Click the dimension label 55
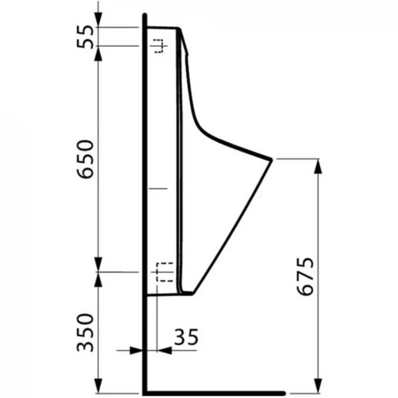85,36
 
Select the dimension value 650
85,159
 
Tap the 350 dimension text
85,333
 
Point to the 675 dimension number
306,277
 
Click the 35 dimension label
186,337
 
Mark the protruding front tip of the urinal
272,160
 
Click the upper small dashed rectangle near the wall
159,46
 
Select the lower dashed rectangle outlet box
164,272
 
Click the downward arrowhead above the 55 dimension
98,19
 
